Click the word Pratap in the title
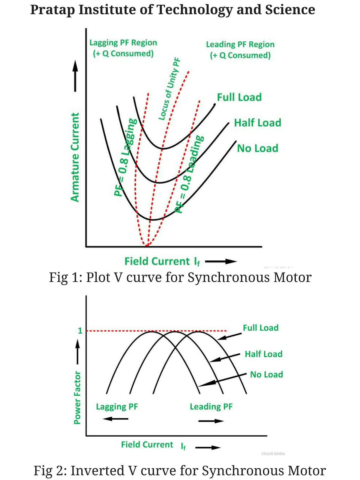tap(52, 10)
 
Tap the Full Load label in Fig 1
tap(239, 97)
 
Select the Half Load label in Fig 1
tap(257, 123)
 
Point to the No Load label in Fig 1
tap(257, 148)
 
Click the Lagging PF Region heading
tap(123, 43)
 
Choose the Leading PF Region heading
tap(240, 45)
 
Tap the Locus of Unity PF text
tap(169, 89)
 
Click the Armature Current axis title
tap(75, 157)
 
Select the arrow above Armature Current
tap(75, 76)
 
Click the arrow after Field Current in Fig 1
tap(221, 262)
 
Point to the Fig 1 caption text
tap(180, 277)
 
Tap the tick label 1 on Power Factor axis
tap(80, 331)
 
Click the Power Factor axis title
tap(77, 397)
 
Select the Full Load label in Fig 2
tap(260, 328)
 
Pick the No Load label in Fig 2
tap(266, 374)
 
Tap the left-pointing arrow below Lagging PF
tap(115, 419)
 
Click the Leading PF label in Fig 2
tap(211, 407)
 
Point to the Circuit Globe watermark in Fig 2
tap(273, 454)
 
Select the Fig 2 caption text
tap(179, 470)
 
